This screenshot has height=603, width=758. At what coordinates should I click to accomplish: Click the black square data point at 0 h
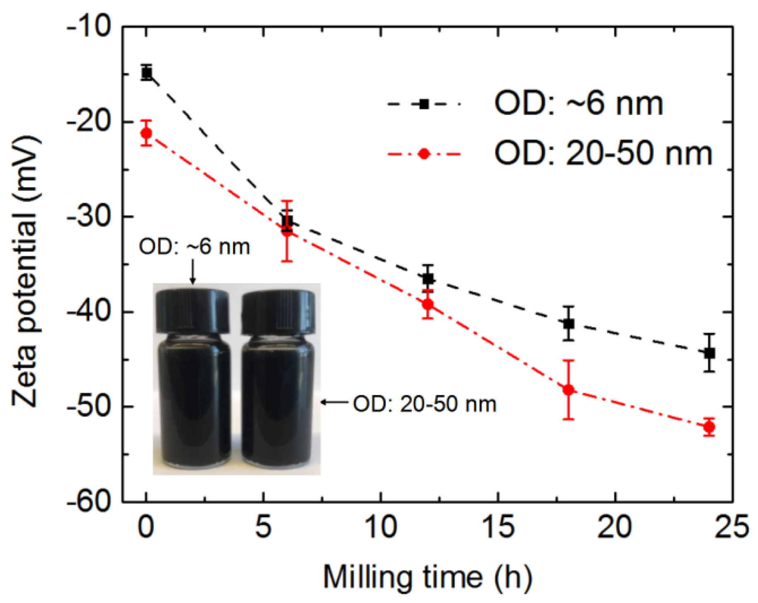pyautogui.click(x=146, y=73)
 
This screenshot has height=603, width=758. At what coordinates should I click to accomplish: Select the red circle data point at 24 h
pyautogui.click(x=709, y=427)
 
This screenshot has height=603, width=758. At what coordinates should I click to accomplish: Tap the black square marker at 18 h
pyautogui.click(x=569, y=324)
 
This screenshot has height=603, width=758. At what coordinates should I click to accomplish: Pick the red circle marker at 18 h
pyautogui.click(x=569, y=390)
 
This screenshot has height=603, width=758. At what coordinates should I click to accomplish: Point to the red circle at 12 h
pyautogui.click(x=428, y=304)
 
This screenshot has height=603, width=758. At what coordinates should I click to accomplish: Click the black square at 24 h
pyautogui.click(x=709, y=353)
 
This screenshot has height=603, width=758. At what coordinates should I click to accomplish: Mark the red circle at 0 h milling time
pyautogui.click(x=146, y=133)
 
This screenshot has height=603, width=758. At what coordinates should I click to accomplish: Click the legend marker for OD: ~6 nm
pyautogui.click(x=424, y=104)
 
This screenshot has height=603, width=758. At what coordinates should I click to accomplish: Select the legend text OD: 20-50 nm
pyautogui.click(x=603, y=154)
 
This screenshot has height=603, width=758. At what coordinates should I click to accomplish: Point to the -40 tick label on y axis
pyautogui.click(x=89, y=312)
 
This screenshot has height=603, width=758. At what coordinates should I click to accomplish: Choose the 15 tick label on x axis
pyautogui.click(x=498, y=528)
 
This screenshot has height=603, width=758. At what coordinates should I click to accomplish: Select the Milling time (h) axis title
pyautogui.click(x=427, y=577)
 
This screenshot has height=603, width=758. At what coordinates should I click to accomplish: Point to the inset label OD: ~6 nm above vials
pyautogui.click(x=194, y=247)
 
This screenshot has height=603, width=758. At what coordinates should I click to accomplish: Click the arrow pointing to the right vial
pyautogui.click(x=335, y=402)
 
